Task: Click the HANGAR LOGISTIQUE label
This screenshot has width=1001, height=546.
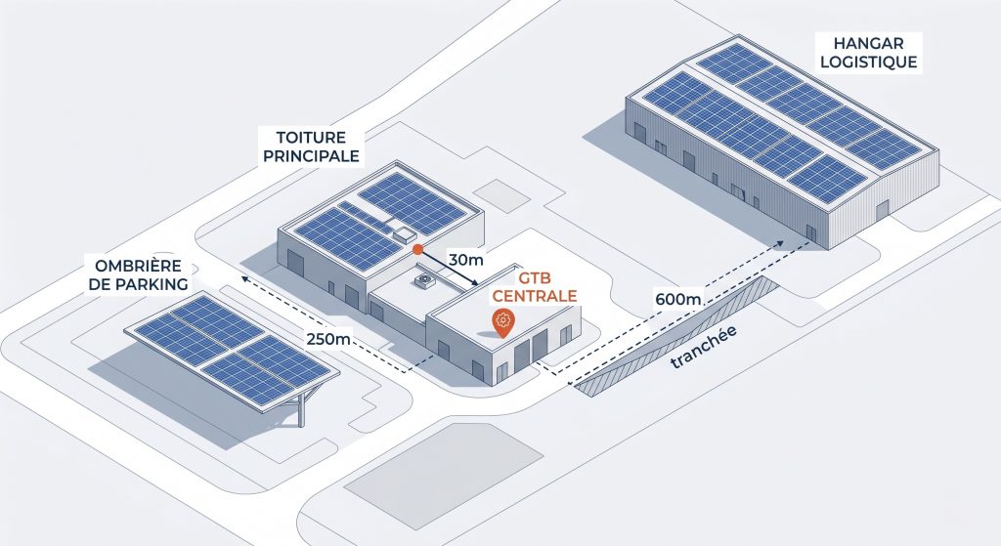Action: pos(868,53)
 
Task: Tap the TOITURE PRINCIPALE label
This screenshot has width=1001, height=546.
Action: pos(311,147)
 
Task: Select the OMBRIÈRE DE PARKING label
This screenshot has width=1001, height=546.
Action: pos(138,274)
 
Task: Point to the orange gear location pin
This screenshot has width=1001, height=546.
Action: pos(503,322)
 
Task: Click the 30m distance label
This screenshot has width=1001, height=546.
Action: pos(466,260)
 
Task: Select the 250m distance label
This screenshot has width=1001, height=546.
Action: pos(327,339)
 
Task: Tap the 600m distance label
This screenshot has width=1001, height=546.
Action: pos(678,298)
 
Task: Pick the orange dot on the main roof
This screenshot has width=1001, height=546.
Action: pos(416,249)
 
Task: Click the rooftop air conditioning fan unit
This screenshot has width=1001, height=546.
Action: pos(423,280)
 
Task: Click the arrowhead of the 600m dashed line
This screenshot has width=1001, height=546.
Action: pos(780,242)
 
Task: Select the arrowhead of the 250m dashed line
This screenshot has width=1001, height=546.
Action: pos(244,278)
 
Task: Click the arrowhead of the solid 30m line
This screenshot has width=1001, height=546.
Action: pos(476,283)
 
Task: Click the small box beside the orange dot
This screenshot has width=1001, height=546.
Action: pos(405,234)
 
